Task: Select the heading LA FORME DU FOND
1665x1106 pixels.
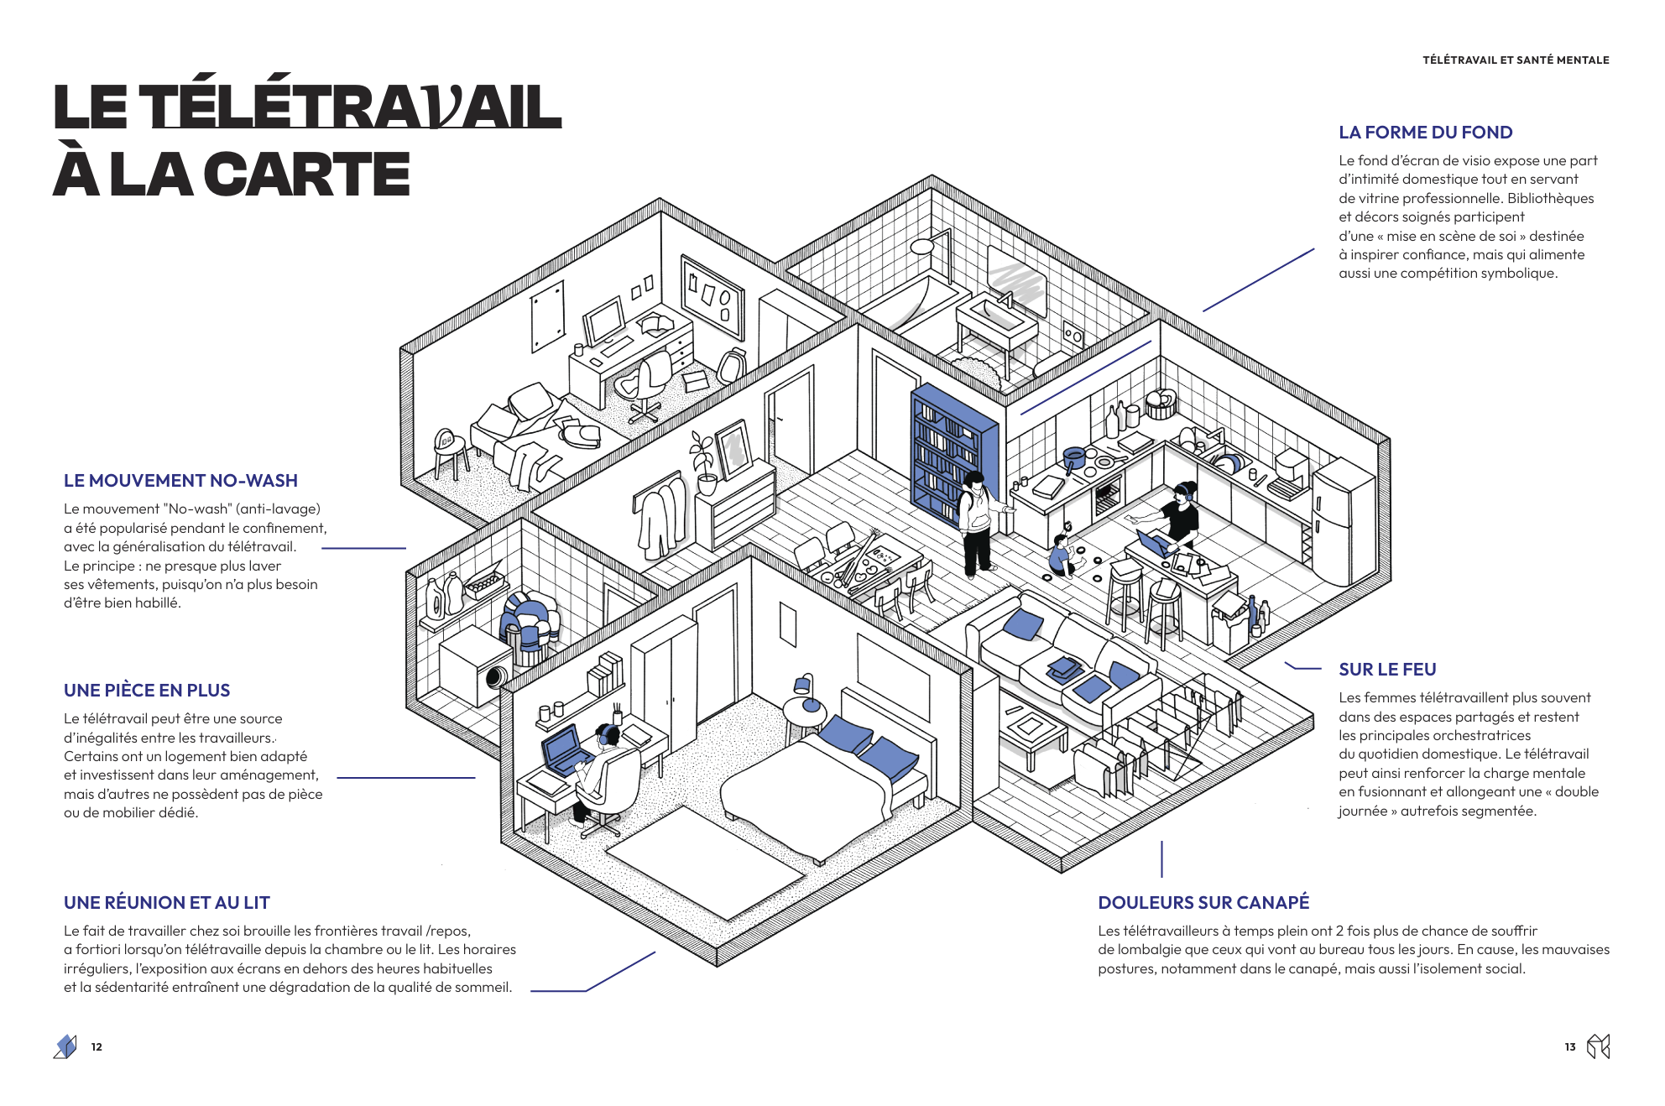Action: click(x=1425, y=133)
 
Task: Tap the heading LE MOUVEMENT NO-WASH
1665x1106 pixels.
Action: click(x=180, y=481)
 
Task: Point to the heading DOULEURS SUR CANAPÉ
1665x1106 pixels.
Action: click(x=1203, y=903)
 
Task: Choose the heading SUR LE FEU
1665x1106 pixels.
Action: click(x=1387, y=670)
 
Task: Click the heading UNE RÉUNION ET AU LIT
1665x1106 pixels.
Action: click(x=166, y=903)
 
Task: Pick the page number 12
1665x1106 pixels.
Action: click(x=97, y=1047)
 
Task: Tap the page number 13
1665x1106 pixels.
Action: click(x=1569, y=1047)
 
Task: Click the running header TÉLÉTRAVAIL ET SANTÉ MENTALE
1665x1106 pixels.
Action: click(x=1516, y=60)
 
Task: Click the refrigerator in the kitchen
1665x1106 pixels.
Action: click(x=1341, y=524)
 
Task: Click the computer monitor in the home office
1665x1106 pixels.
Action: click(x=605, y=319)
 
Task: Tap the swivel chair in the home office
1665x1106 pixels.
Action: click(x=646, y=382)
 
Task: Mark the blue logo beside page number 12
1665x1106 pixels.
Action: click(x=65, y=1046)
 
